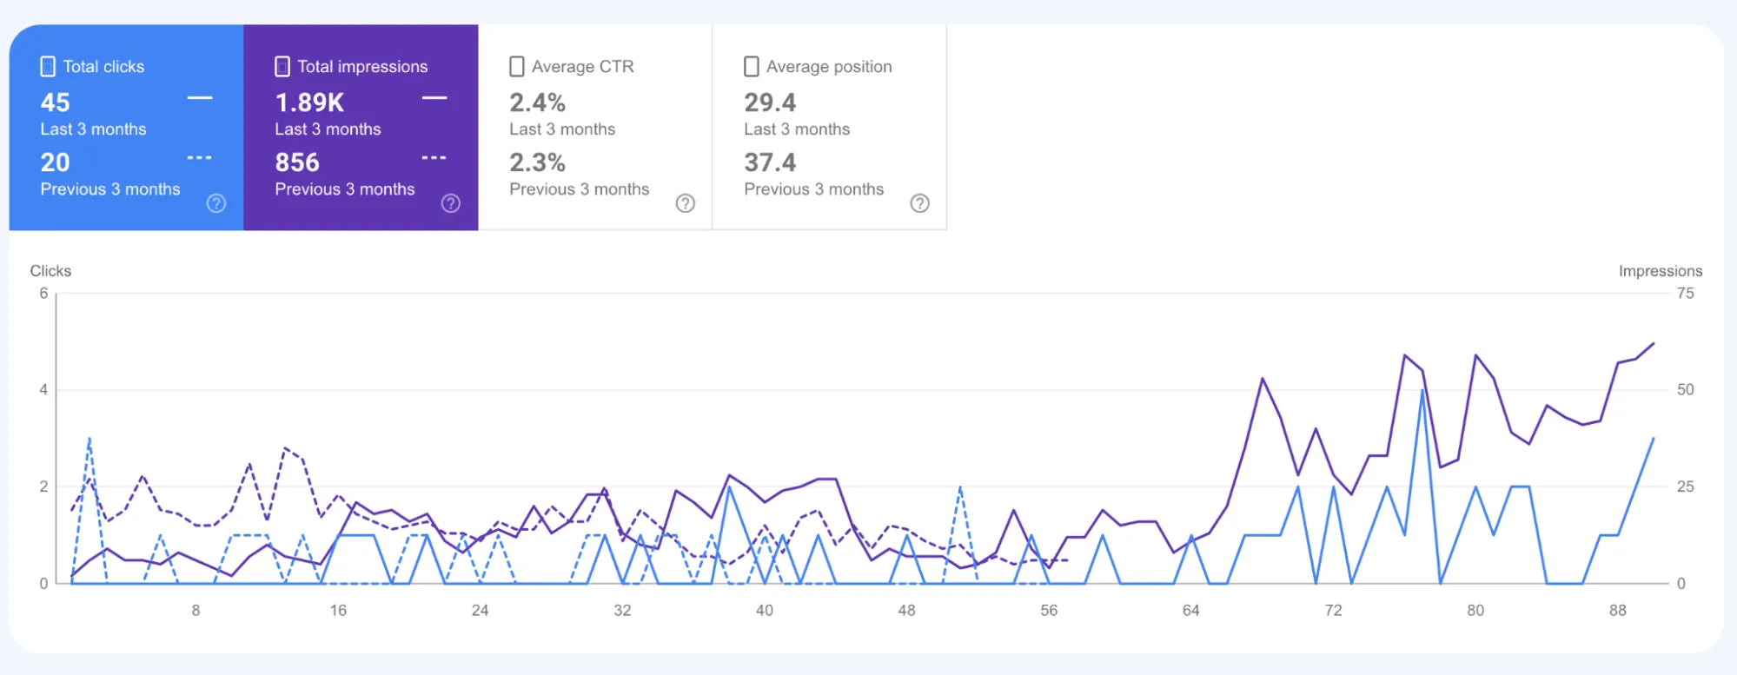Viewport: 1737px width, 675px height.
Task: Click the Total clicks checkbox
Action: pyautogui.click(x=49, y=67)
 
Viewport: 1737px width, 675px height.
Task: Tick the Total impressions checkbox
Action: pyautogui.click(x=282, y=67)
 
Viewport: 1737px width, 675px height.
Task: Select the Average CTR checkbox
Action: pyautogui.click(x=517, y=67)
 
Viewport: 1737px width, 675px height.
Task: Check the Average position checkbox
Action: pyautogui.click(x=752, y=67)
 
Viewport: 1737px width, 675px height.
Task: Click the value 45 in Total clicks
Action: pyautogui.click(x=56, y=103)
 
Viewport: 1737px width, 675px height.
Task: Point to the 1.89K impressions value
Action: pyautogui.click(x=309, y=103)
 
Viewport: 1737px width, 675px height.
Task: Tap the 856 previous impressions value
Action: pyautogui.click(x=297, y=162)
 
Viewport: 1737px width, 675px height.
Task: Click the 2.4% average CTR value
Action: pyautogui.click(x=537, y=103)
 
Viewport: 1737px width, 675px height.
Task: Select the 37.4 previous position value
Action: pyautogui.click(x=770, y=162)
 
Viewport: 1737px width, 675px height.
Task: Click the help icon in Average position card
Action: pyautogui.click(x=919, y=203)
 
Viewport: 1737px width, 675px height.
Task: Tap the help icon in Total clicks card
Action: pyautogui.click(x=216, y=203)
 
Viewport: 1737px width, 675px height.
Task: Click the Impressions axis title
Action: pyautogui.click(x=1660, y=271)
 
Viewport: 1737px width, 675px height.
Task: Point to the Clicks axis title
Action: pyautogui.click(x=50, y=271)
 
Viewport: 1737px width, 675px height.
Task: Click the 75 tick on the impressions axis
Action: pyautogui.click(x=1685, y=294)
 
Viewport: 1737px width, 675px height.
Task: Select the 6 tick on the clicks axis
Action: pyautogui.click(x=43, y=294)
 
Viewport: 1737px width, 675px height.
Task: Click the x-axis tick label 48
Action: pyautogui.click(x=906, y=611)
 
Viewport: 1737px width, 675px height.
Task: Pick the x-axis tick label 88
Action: pyautogui.click(x=1617, y=611)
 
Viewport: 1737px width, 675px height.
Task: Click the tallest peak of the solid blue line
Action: pyautogui.click(x=1422, y=391)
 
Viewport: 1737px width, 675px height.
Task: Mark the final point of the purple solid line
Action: pyautogui.click(x=1653, y=343)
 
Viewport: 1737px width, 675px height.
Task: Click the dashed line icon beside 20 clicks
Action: pyautogui.click(x=199, y=158)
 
